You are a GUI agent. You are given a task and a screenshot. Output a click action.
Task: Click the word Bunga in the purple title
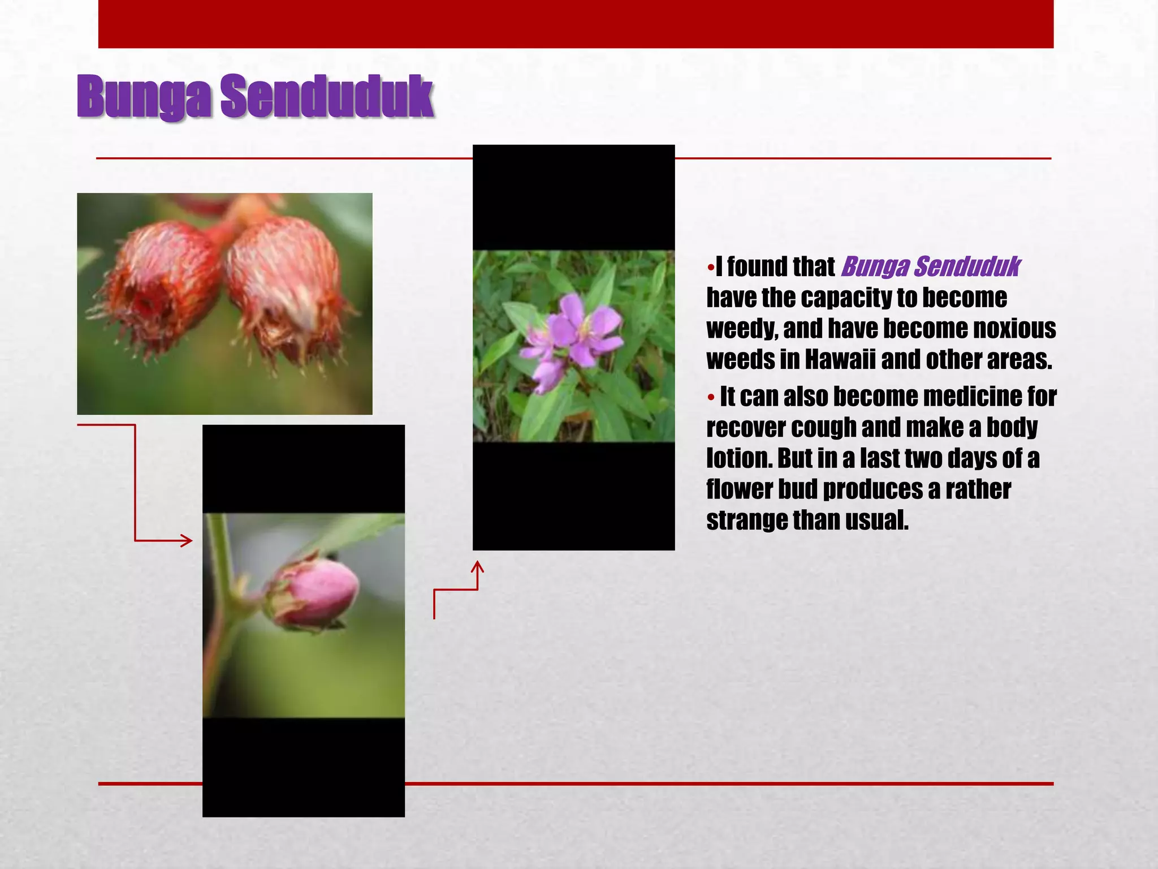click(x=145, y=97)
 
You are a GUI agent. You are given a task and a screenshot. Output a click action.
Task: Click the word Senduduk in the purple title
click(x=327, y=97)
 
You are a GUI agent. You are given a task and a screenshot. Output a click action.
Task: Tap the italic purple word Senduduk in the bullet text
click(x=967, y=266)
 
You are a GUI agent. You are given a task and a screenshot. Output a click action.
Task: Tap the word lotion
click(x=739, y=458)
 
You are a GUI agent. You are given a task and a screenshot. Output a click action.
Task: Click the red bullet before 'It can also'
click(x=711, y=397)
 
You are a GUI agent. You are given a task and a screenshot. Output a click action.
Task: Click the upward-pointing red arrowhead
click(x=478, y=566)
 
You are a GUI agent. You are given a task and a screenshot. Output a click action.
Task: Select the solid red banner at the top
click(x=576, y=24)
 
